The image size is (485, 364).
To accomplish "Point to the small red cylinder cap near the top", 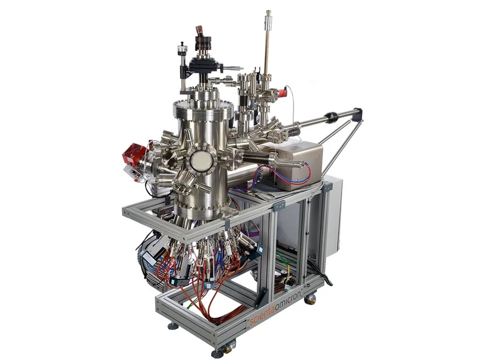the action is point(282,93).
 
